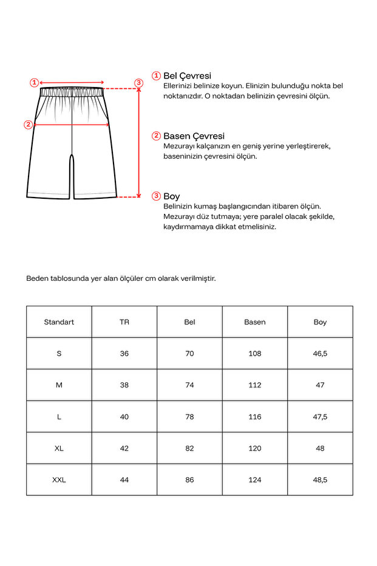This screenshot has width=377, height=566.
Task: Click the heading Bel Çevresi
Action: pos(187,76)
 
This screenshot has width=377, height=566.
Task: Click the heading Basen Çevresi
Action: pos(194,136)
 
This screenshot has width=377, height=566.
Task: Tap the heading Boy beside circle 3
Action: pos(171,196)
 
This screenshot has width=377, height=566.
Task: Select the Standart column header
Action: pos(59,322)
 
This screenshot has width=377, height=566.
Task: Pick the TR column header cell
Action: pos(124,322)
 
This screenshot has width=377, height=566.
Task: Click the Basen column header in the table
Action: pos(255,322)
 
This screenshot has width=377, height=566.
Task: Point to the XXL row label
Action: pos(59,480)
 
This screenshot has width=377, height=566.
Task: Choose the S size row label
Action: pos(59,353)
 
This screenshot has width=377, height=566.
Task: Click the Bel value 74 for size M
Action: pos(189,385)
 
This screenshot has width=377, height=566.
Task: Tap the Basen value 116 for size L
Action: pos(255,416)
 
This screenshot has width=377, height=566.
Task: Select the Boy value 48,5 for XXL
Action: pos(320,480)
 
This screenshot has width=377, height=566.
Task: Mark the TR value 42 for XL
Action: pos(124,448)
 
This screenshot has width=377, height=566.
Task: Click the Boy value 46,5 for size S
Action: pos(320,353)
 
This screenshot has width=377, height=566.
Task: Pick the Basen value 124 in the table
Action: pos(255,480)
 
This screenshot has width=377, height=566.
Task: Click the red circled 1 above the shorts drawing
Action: pos(35,82)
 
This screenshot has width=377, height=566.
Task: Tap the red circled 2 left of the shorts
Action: pos(28,125)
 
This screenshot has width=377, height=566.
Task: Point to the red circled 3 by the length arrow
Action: pos(138,83)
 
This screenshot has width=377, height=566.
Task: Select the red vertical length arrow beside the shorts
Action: pos(139,143)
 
